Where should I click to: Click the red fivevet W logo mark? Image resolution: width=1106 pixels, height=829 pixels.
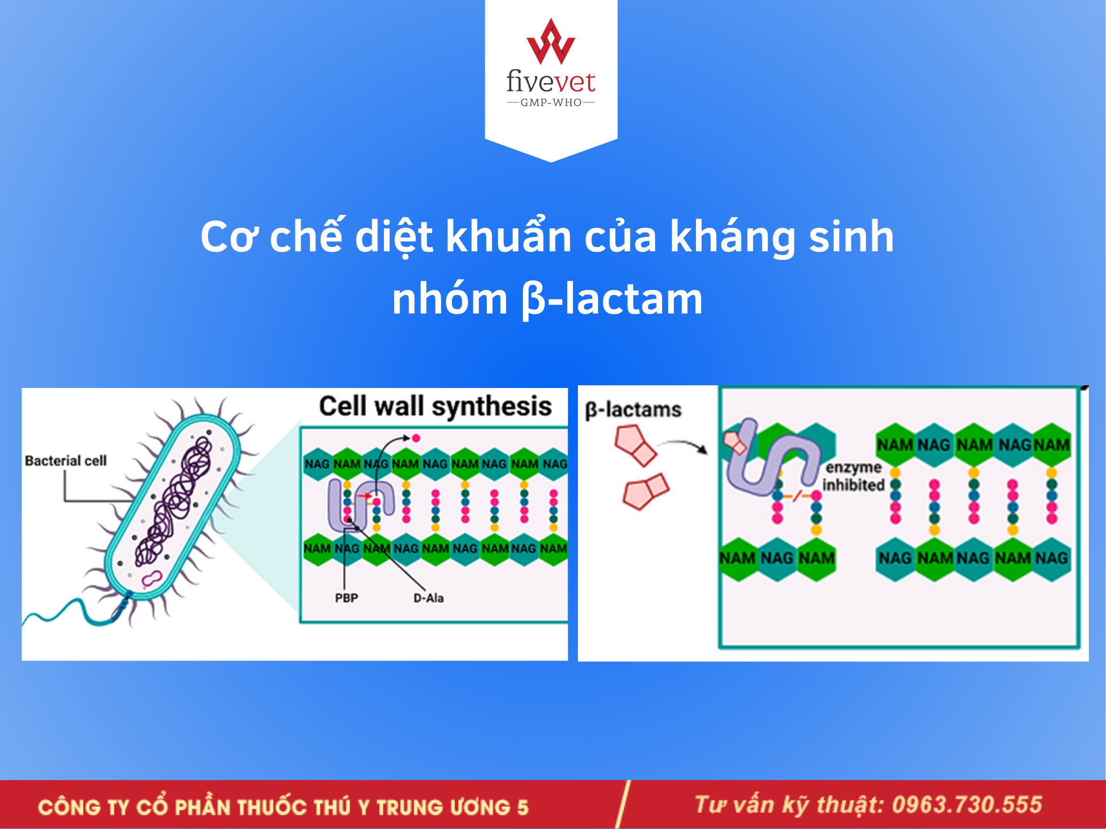(551, 42)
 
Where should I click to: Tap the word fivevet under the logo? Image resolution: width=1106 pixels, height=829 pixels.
(551, 81)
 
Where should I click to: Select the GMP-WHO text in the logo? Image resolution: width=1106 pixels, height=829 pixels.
(551, 102)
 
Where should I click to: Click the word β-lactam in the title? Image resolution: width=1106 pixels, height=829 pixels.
(612, 299)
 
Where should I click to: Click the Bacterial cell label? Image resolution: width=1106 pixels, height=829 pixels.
(66, 461)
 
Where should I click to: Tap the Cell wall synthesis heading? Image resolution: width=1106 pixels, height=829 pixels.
(435, 407)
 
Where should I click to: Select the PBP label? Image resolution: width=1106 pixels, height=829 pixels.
(346, 598)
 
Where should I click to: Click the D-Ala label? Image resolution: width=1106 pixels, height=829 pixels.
(428, 598)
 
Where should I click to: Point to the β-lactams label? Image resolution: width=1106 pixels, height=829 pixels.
(633, 410)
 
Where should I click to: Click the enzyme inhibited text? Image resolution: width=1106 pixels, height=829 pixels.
(853, 476)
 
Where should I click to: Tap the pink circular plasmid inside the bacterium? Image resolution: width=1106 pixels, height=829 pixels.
(151, 579)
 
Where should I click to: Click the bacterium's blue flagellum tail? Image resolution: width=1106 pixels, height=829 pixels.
(75, 611)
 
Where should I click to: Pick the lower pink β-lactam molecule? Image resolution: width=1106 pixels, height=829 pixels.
(646, 491)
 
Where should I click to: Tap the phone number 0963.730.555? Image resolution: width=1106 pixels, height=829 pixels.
(967, 805)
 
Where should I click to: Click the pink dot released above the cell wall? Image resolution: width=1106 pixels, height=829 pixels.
(415, 438)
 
